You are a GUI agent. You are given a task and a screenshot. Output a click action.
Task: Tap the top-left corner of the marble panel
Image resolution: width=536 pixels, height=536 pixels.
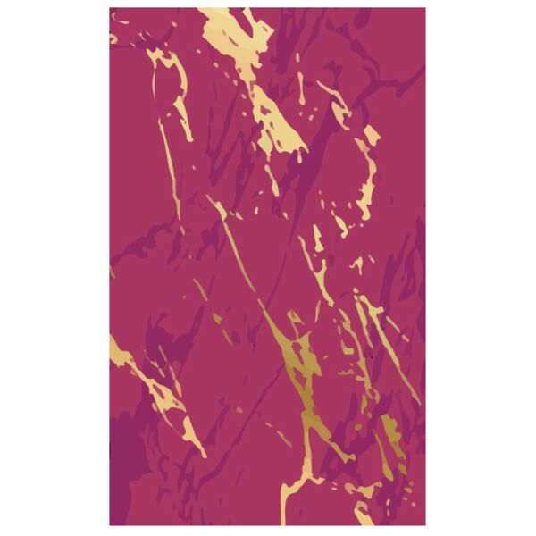tap(111, 9)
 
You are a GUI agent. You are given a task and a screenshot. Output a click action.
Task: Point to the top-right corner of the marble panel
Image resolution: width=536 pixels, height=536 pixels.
tap(425, 9)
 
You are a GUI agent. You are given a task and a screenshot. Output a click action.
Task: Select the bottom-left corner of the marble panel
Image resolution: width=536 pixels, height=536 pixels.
tap(111, 527)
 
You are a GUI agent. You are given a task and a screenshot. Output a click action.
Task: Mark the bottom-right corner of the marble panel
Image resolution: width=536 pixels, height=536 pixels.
tap(425, 527)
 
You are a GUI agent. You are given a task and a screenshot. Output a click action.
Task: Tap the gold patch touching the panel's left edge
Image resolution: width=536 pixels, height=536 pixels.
tap(116, 343)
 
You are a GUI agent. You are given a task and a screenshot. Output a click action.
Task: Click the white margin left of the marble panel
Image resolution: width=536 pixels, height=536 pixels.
tap(54, 268)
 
